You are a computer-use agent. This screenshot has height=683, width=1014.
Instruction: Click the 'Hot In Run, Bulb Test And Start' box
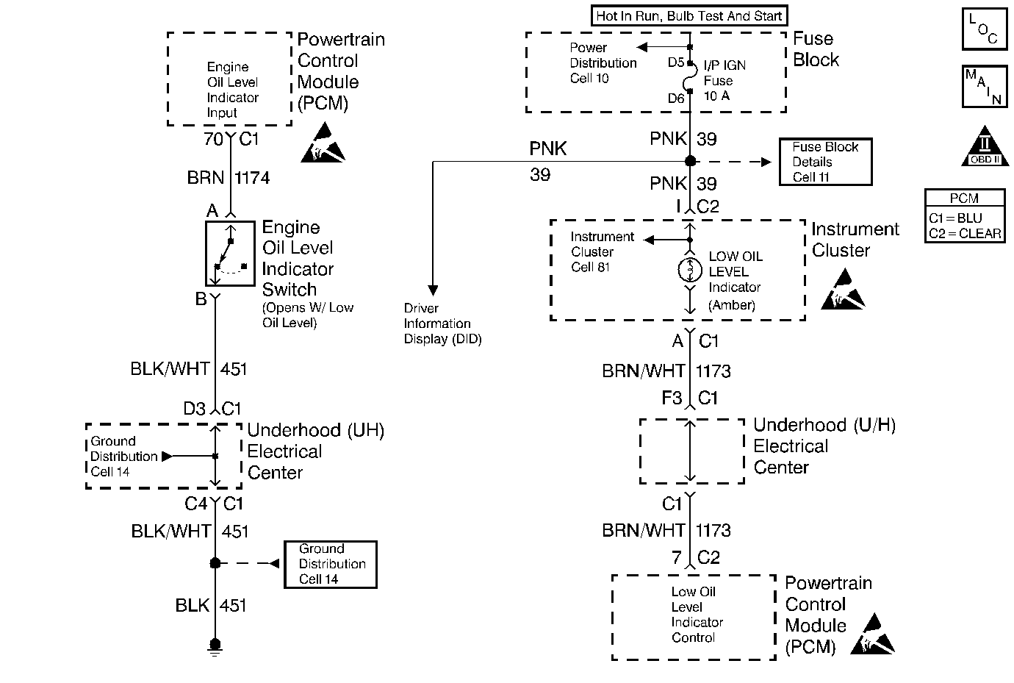coord(689,16)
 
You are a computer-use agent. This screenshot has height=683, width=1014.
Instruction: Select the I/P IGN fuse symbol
coord(689,77)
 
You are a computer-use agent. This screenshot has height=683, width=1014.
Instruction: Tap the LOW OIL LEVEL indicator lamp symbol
coord(689,270)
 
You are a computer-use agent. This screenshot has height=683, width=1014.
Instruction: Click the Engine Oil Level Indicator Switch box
coord(231,253)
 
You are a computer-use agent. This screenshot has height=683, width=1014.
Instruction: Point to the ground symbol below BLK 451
coord(215,647)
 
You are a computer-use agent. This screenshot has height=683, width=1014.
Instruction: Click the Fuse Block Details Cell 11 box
coord(826,162)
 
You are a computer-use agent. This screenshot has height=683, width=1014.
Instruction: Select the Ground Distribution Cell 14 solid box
coord(331,565)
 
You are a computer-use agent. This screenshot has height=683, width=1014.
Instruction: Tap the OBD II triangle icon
coord(985,146)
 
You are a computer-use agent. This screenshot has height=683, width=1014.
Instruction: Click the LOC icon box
coord(985,29)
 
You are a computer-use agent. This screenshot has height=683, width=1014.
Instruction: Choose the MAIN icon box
coord(985,86)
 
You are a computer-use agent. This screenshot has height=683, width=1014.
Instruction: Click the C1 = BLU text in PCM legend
coord(955,218)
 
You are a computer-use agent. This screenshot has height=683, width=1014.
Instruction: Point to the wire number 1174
coord(252,178)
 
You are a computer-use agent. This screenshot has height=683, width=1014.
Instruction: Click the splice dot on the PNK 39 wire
coord(690,161)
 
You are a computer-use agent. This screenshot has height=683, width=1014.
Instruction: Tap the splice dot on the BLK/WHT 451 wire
coord(215,563)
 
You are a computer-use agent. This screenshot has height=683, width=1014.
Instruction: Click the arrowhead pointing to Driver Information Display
coord(433,290)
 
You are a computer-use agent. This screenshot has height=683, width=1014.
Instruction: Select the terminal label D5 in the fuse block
coord(675,62)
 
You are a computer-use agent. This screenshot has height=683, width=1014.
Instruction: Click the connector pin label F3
coord(672,398)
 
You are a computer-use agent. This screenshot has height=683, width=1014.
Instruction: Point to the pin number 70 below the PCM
coord(213,139)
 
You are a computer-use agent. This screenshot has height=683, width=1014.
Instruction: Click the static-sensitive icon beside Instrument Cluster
coord(843,289)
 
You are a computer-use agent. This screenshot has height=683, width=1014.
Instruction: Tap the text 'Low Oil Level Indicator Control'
coord(697,615)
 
